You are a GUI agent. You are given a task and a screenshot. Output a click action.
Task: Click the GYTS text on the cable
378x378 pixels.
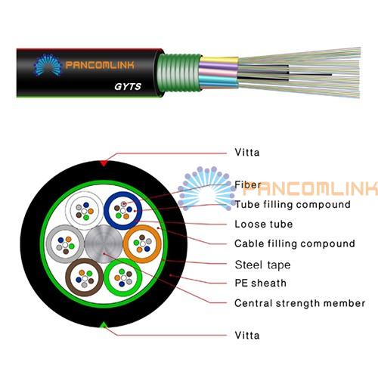pos(128,86)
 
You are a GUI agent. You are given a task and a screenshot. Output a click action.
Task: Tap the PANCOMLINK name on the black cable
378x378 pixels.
pos(100,65)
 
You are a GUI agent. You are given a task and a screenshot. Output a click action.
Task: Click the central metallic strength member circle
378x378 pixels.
pos(104,244)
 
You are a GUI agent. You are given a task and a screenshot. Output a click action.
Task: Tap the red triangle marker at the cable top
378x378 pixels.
pos(104,163)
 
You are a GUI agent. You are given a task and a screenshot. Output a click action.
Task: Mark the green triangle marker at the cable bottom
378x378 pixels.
pos(104,324)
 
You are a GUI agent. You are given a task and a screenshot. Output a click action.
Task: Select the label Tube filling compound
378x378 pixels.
pos(293,204)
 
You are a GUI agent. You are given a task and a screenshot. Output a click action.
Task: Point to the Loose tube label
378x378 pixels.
pos(264,224)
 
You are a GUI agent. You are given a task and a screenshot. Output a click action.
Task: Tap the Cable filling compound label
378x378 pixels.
pos(295,243)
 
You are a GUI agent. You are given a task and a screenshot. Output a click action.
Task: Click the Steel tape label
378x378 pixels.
pos(262,265)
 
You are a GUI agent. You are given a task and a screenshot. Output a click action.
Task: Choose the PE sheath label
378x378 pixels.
pos(260,283)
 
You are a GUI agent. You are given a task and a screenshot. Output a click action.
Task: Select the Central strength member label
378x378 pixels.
pos(299,303)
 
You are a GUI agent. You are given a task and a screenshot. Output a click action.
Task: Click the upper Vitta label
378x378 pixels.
pos(247,153)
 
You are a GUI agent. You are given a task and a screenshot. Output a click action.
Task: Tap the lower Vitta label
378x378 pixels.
pos(247,336)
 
